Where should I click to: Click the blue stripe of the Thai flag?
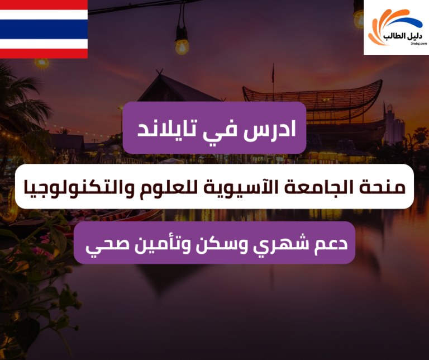pos(44,29)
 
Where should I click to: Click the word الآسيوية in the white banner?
pos(255,187)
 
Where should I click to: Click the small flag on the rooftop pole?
pos(274,72)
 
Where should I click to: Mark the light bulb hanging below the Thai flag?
pos(41,62)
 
